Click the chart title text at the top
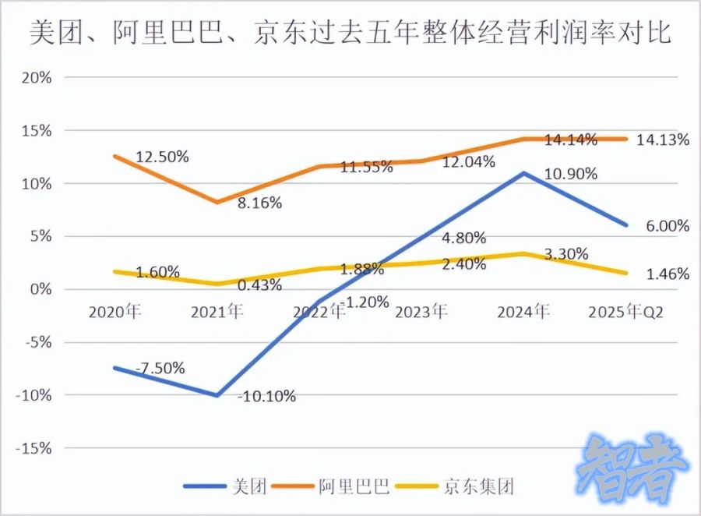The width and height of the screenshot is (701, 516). tap(350, 34)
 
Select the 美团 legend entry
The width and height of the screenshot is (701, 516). tap(226, 487)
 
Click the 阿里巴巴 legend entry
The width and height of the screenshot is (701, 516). tap(335, 487)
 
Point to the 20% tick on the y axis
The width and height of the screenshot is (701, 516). tap(36, 78)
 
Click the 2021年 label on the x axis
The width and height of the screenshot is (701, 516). tap(217, 312)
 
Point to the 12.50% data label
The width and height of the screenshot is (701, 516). tap(162, 157)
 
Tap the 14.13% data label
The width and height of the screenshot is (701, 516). tap(662, 140)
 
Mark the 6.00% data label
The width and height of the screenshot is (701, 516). tap(667, 226)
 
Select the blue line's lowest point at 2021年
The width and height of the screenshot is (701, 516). tap(217, 395)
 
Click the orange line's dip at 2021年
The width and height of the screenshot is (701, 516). tap(217, 202)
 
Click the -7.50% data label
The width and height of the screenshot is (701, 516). tap(160, 368)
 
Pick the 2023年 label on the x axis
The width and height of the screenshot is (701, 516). tap(421, 312)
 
